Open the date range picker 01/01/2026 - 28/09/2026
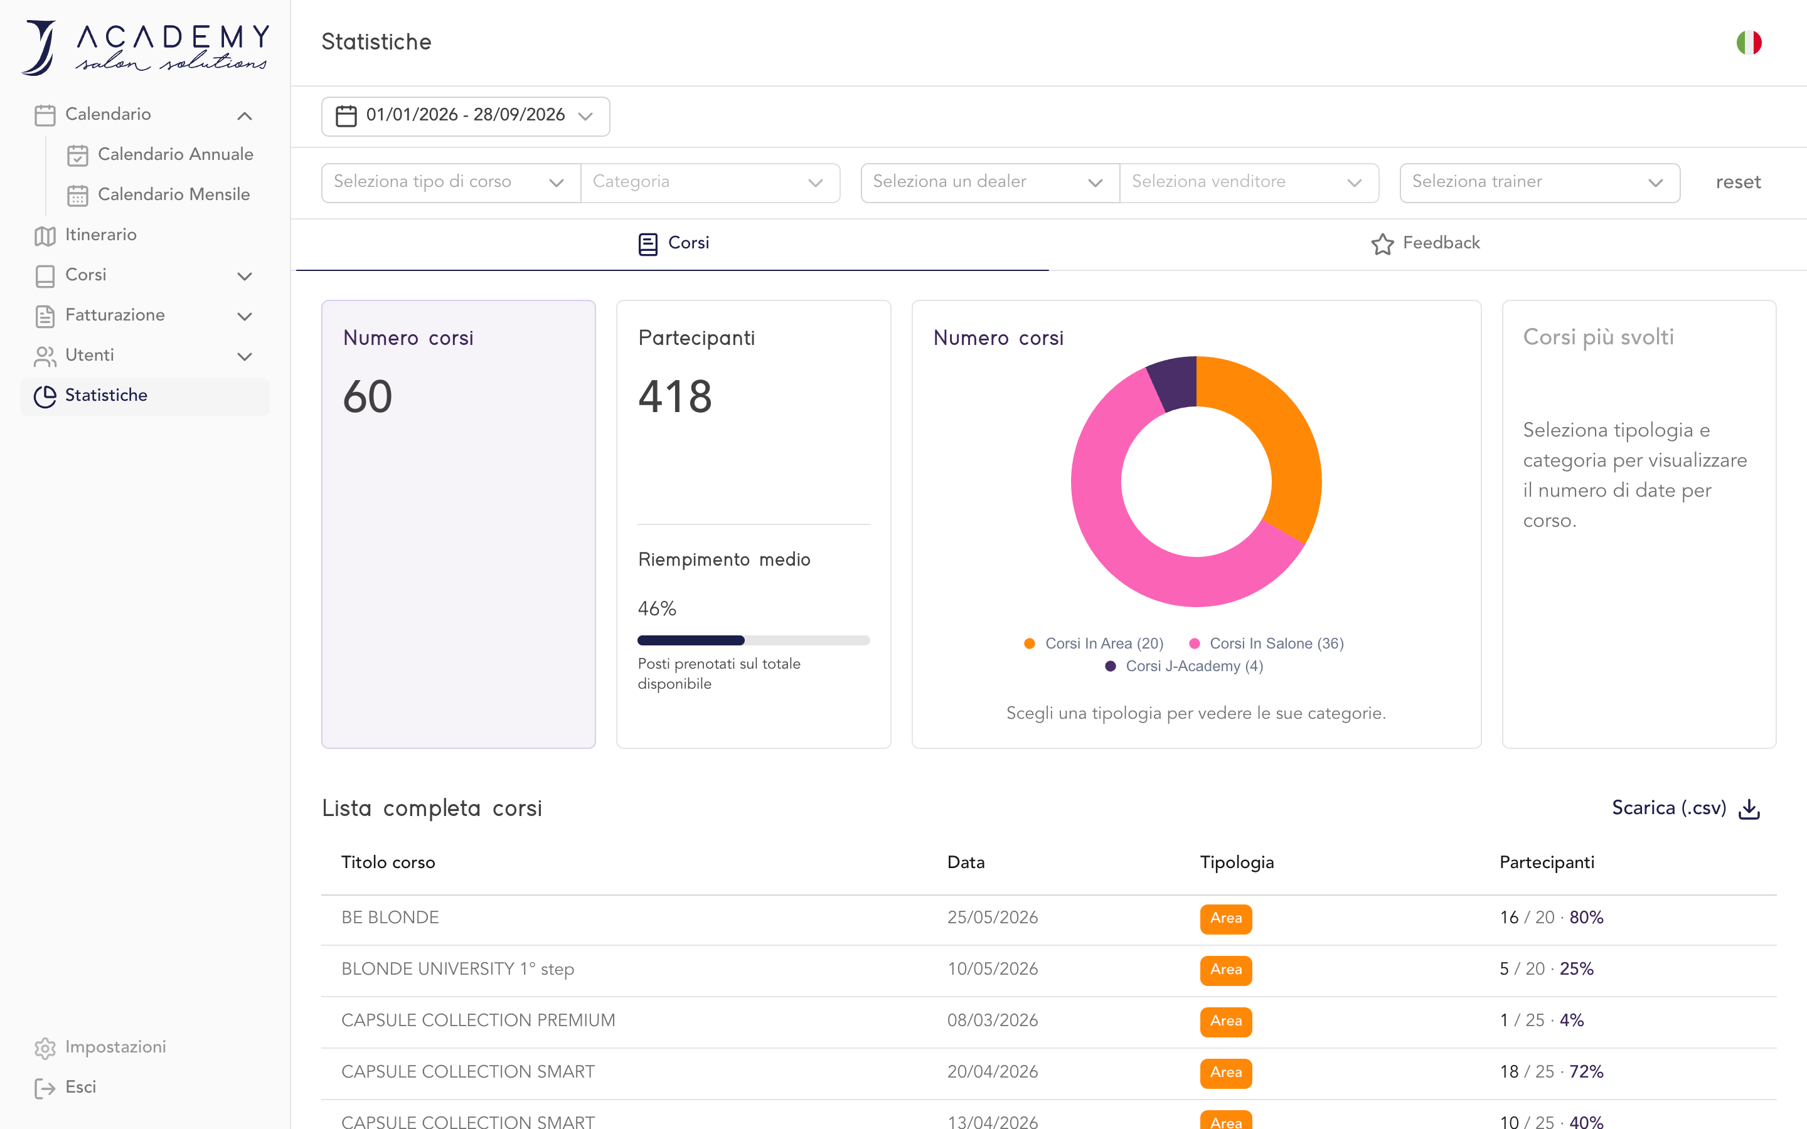(465, 116)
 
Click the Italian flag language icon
(1749, 43)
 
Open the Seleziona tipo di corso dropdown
(451, 182)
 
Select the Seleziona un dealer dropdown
(990, 182)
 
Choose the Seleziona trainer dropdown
(1540, 182)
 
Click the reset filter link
(1737, 182)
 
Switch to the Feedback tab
(1426, 243)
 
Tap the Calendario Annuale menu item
(160, 154)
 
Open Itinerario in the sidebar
(86, 235)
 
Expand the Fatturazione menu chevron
(244, 317)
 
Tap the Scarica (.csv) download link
(1686, 808)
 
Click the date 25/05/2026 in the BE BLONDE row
(993, 918)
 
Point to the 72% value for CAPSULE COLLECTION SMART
(1586, 1073)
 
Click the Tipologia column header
(1237, 862)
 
